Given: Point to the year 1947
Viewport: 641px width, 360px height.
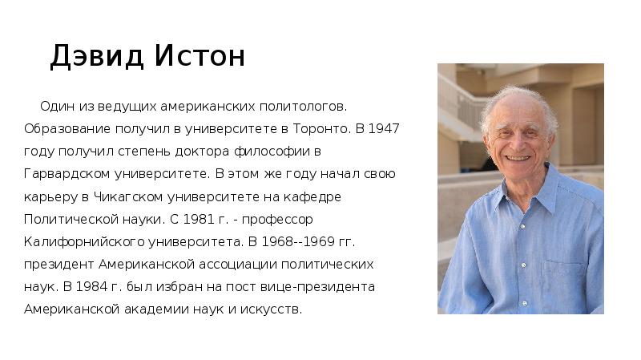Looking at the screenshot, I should tap(384, 127).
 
